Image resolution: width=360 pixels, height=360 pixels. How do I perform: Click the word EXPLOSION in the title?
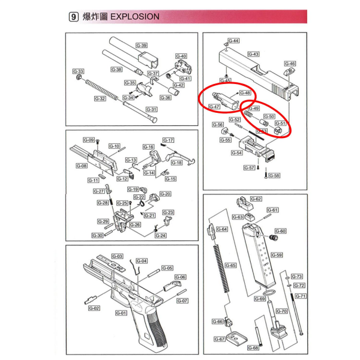[136, 16]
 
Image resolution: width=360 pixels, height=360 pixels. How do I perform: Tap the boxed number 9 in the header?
[73, 17]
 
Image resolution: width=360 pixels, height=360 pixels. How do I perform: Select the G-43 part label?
[254, 54]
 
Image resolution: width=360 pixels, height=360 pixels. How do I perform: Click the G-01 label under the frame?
[119, 313]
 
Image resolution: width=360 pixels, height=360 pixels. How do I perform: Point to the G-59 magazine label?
[276, 255]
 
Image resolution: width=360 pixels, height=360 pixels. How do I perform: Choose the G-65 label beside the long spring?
[230, 265]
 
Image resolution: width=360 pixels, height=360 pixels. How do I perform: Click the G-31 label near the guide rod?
[151, 109]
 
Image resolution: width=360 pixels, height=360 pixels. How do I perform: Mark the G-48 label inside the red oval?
[245, 93]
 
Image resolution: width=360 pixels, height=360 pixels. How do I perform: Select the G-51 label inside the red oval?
[281, 123]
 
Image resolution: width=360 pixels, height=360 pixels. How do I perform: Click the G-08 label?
[82, 166]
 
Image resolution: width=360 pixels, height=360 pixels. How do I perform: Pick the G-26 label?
[135, 224]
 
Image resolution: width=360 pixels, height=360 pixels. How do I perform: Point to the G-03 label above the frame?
[118, 256]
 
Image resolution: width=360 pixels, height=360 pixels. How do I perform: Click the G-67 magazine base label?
[220, 339]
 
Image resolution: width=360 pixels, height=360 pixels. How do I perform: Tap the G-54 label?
[236, 153]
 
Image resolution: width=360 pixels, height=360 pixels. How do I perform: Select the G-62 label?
[256, 199]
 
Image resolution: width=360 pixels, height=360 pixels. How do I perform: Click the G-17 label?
[168, 140]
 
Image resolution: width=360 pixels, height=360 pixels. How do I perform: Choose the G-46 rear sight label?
[290, 63]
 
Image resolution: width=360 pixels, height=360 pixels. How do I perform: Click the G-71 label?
[301, 296]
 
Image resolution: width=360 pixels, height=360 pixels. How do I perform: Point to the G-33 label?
[78, 71]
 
